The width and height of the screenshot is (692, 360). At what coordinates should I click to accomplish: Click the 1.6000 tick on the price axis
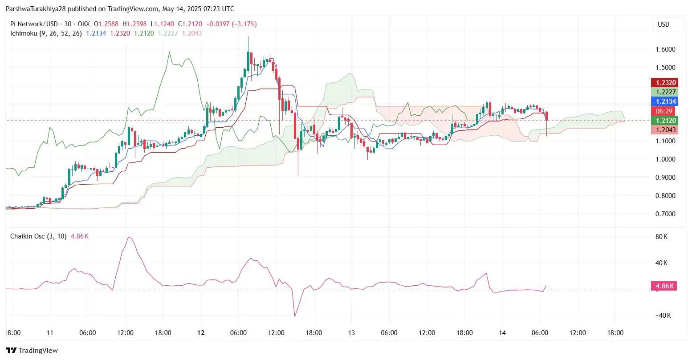click(665, 49)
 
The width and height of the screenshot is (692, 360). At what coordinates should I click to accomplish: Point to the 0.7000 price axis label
click(665, 214)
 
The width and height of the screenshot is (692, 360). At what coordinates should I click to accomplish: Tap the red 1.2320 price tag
click(664, 83)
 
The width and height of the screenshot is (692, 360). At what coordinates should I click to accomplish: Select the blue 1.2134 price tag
click(664, 101)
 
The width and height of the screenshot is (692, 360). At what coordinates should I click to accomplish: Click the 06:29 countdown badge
click(664, 111)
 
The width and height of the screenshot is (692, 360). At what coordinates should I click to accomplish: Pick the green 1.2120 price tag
click(664, 121)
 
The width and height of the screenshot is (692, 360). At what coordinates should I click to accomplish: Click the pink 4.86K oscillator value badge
click(664, 286)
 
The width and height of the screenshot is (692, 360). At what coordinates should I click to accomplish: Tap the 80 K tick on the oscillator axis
click(661, 237)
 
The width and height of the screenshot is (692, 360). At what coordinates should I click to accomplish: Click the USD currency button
click(664, 24)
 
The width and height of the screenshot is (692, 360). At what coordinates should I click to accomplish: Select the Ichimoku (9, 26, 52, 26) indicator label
click(46, 33)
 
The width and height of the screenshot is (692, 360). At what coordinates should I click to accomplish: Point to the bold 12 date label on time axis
click(201, 333)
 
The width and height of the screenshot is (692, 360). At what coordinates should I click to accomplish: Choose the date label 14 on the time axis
click(502, 333)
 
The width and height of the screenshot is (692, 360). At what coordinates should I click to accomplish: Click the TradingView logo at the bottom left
click(32, 351)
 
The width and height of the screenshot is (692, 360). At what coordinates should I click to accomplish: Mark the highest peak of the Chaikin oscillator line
click(129, 237)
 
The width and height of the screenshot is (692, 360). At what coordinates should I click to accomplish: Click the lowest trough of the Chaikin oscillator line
click(295, 316)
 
